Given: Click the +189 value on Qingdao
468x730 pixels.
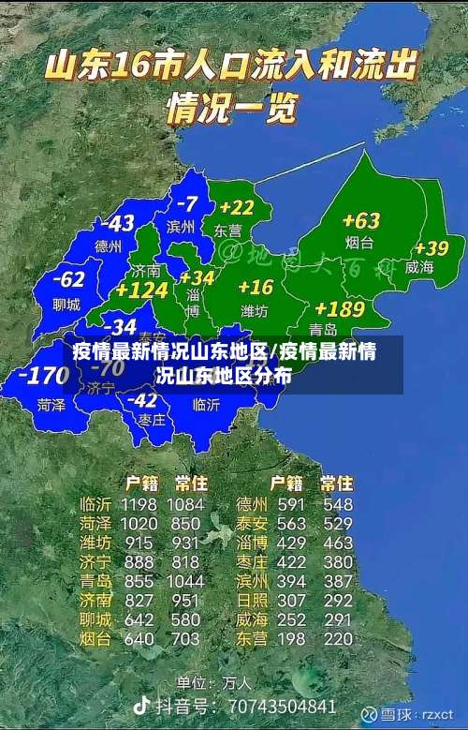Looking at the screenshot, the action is (x=340, y=309).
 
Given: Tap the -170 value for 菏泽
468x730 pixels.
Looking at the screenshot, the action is (x=44, y=377).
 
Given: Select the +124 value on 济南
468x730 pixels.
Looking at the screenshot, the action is (x=141, y=291).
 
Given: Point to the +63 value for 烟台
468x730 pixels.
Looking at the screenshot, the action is (x=360, y=221).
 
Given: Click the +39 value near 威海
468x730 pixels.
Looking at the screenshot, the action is (x=431, y=248).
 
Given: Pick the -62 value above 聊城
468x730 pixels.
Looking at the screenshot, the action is (x=68, y=279).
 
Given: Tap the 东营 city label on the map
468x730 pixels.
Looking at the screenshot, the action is (x=227, y=231).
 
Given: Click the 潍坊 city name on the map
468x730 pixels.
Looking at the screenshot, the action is (x=255, y=310).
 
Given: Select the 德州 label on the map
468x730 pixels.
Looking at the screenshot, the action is (x=109, y=247).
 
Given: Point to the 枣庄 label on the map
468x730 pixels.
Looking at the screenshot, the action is (x=152, y=420).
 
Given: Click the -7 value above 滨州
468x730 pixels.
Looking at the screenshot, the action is (x=187, y=203).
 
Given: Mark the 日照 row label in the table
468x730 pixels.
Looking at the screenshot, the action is (x=252, y=600).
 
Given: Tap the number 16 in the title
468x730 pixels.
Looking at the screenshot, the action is (x=133, y=67).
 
